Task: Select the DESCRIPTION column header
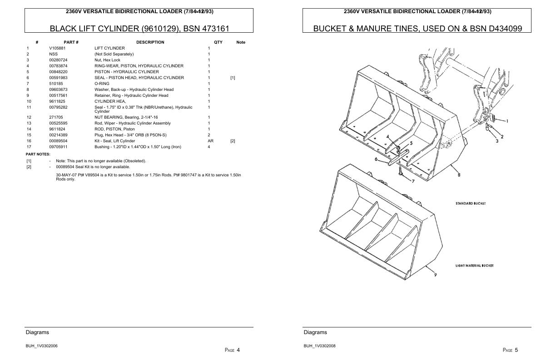[150, 42]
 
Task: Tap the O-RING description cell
[102, 84]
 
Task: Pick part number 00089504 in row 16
[58, 141]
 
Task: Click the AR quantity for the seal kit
[210, 141]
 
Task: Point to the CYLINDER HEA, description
[110, 101]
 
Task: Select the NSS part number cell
[53, 54]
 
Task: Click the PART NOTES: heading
[38, 154]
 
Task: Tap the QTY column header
[218, 42]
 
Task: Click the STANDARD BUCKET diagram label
[471, 204]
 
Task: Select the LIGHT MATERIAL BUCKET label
[474, 265]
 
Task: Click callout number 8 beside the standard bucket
[459, 175]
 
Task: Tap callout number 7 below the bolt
[413, 181]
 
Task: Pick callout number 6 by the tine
[377, 159]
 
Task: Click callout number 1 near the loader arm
[507, 121]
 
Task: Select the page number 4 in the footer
[238, 350]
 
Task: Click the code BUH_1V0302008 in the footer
[319, 346]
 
